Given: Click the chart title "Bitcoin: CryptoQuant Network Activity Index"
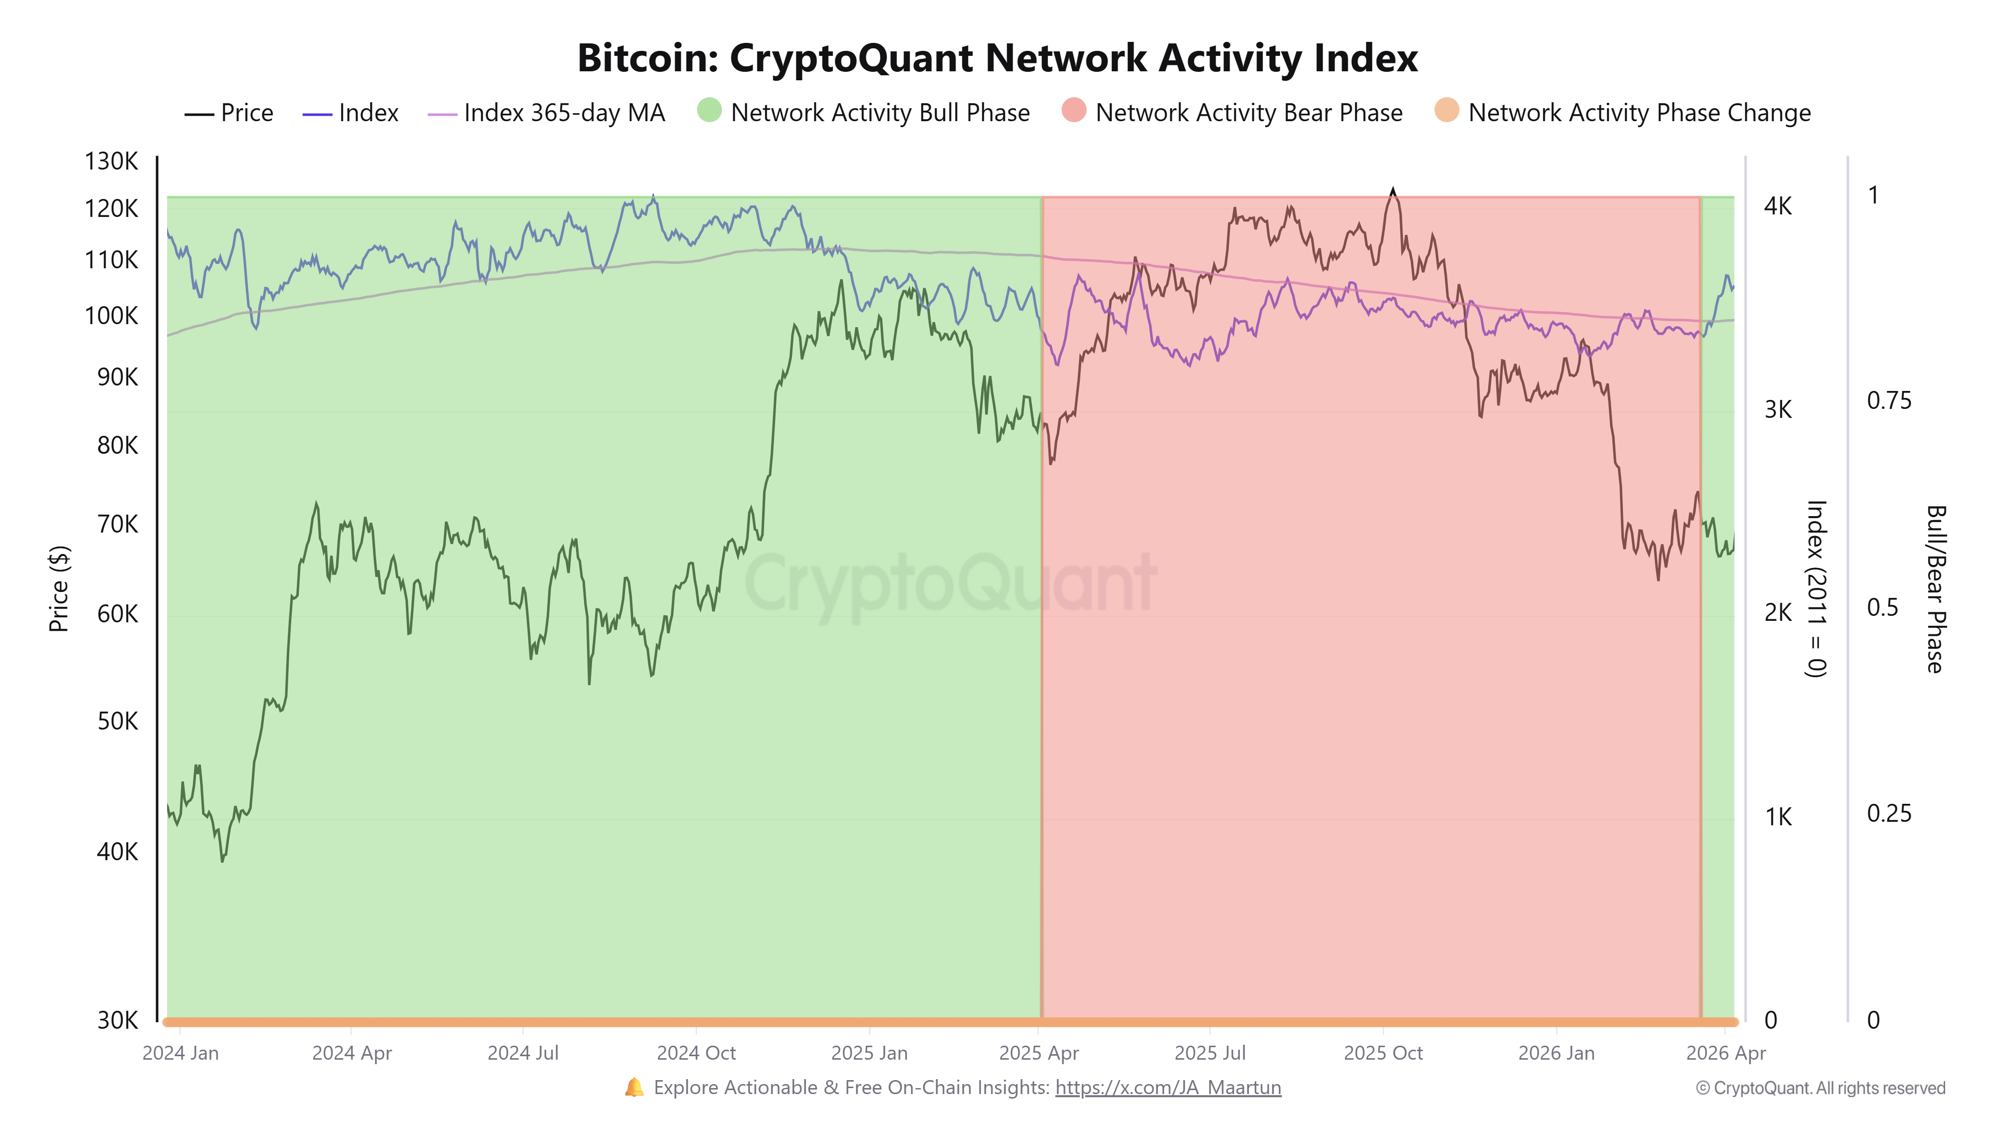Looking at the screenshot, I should coord(997,58).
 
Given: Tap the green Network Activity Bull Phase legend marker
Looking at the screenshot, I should coord(709,111).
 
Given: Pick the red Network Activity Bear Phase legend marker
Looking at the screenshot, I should coord(1073,111).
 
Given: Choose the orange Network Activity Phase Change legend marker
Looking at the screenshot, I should coord(1446,111).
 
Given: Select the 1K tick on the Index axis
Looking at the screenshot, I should coord(1778,817).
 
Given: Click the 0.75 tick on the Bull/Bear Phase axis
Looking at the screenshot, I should coord(1888,400).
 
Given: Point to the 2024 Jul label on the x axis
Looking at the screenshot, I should coord(523,1053).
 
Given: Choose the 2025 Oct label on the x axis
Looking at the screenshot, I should coord(1383,1053).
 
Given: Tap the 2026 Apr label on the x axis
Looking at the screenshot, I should coord(1726,1053).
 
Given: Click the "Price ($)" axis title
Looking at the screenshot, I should coord(59,588).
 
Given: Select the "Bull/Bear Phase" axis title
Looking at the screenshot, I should coord(1935,588).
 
